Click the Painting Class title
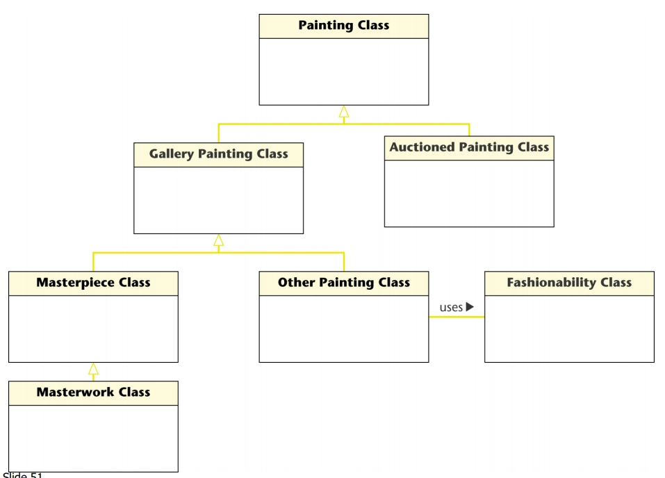(x=344, y=26)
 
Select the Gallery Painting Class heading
(x=218, y=154)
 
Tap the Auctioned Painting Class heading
(x=469, y=147)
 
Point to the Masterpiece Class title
(x=93, y=283)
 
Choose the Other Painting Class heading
(x=344, y=283)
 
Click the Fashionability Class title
(x=569, y=283)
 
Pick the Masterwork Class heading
(x=93, y=393)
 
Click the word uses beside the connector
(x=451, y=307)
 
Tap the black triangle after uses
(x=470, y=306)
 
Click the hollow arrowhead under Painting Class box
(x=344, y=112)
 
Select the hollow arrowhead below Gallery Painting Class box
(x=218, y=240)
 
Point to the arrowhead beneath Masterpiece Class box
(x=93, y=369)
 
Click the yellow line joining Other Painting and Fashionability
(x=457, y=317)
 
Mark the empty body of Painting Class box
(x=344, y=72)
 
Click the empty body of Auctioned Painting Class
(x=469, y=193)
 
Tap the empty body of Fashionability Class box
(x=569, y=329)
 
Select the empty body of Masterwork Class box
(x=93, y=438)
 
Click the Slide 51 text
(x=22, y=475)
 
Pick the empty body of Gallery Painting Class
(x=218, y=200)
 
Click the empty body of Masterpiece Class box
(x=93, y=329)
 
